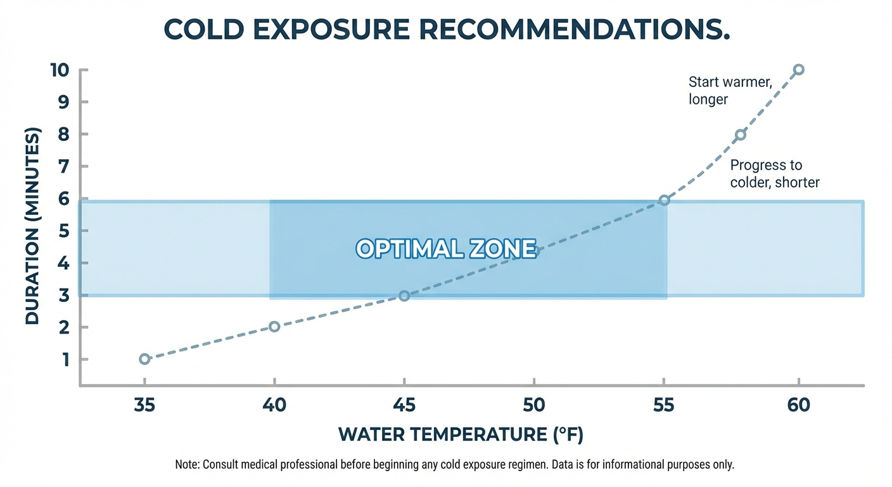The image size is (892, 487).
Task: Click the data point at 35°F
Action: pos(144,359)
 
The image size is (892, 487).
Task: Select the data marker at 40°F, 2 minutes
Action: pos(274,327)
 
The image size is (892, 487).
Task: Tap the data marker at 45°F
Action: pos(405,295)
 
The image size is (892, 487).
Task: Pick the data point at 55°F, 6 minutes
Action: pos(664,200)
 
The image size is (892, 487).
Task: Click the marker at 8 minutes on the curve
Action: pos(740,134)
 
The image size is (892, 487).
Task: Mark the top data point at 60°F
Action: pos(799,69)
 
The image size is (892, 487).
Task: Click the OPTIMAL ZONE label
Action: pos(446,249)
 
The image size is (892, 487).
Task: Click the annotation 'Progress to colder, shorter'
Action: pos(774,174)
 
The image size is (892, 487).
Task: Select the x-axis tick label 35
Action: pos(144,405)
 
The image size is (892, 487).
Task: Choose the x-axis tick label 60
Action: pos(799,405)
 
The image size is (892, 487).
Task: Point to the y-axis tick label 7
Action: pos(66,166)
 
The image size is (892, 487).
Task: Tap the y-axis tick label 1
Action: pos(66,359)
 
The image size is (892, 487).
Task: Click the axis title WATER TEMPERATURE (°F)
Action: pos(461,434)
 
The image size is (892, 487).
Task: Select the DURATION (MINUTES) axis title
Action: pos(32,226)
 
